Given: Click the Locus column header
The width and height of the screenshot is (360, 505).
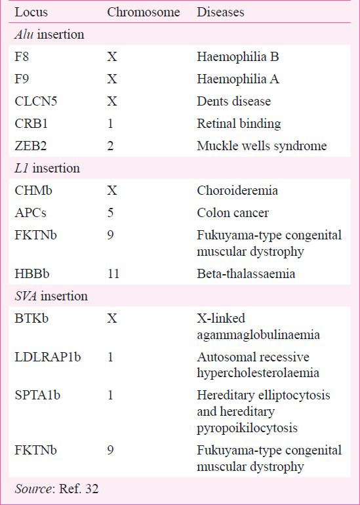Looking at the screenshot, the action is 31,12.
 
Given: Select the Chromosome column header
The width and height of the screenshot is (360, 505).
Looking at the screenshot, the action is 144,12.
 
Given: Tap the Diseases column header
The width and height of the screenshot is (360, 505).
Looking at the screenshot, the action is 220,12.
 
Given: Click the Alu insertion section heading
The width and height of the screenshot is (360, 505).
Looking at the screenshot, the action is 49,35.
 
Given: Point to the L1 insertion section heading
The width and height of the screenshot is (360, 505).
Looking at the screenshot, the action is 47,168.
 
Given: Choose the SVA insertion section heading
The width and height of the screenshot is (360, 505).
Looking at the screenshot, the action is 51,296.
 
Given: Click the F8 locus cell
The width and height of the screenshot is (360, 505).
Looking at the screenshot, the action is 22,56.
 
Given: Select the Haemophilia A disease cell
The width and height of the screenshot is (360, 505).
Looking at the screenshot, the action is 238,79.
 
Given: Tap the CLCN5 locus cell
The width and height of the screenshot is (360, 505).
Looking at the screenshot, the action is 36,101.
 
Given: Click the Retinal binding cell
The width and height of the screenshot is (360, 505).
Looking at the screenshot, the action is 239,124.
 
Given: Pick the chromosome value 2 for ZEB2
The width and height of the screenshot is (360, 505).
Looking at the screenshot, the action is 110,146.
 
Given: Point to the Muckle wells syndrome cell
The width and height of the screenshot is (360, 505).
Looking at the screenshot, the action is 262,146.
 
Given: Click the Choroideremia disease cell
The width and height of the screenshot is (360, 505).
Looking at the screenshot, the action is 237,190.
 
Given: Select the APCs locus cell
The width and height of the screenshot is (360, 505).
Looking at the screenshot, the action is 31,212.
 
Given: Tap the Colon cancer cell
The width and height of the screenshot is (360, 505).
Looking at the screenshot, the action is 233,212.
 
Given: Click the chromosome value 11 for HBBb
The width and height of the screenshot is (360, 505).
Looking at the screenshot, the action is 113,273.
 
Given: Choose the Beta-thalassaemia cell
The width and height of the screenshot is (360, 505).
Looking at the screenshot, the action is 246,273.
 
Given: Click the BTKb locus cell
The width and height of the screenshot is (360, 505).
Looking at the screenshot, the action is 31,318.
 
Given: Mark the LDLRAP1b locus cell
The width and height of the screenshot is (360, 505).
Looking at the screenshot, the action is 48,357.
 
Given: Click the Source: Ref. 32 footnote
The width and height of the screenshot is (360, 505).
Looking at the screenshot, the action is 56,489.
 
